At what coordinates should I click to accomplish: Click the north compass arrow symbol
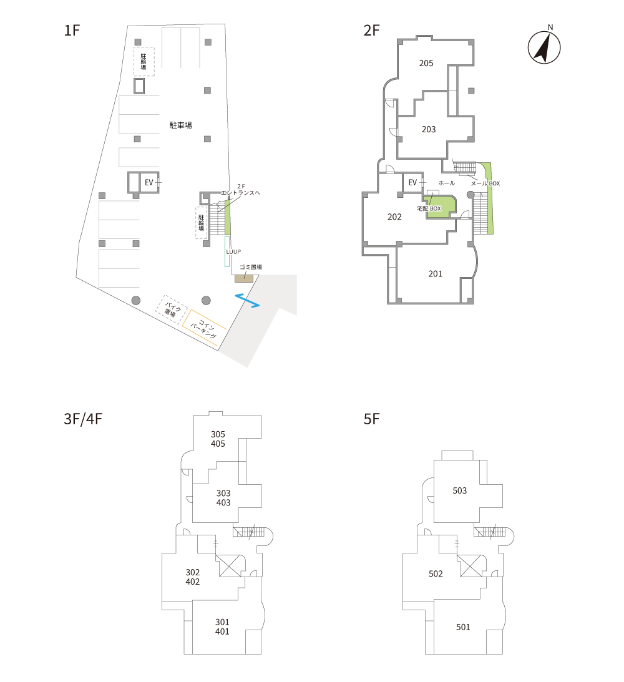(x=544, y=47)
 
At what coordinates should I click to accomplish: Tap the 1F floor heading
(x=72, y=31)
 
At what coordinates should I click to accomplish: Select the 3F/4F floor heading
(x=83, y=419)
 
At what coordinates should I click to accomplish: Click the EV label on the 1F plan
(x=149, y=183)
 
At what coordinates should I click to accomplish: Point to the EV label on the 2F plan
(x=412, y=183)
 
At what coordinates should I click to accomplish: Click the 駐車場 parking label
(x=180, y=125)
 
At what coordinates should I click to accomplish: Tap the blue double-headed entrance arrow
(x=248, y=301)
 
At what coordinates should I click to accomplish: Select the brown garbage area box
(x=243, y=278)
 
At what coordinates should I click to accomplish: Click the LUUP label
(x=233, y=252)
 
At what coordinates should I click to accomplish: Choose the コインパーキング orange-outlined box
(x=205, y=328)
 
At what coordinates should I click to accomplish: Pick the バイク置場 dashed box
(x=172, y=309)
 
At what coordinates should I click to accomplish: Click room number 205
(x=426, y=64)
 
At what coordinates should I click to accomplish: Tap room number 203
(x=429, y=130)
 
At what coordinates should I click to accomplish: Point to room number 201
(x=436, y=274)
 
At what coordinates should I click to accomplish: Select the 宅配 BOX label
(x=429, y=209)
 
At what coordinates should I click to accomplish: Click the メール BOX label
(x=485, y=183)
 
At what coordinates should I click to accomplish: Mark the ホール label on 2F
(x=447, y=183)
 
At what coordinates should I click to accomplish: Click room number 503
(x=460, y=490)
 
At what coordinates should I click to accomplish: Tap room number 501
(x=463, y=627)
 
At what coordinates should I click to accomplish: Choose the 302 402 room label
(x=193, y=577)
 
